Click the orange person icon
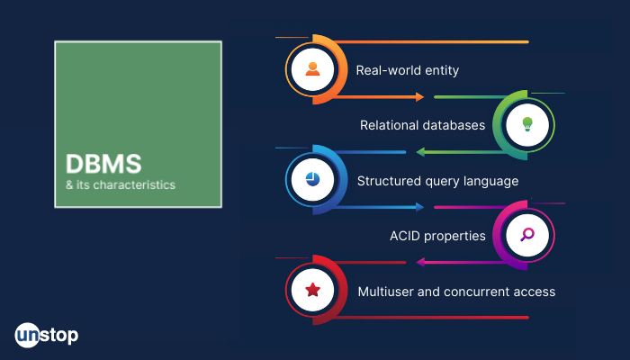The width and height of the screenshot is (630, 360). [x=312, y=69]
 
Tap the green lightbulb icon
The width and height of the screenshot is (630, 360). [x=527, y=124]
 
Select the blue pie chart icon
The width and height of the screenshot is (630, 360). [x=312, y=179]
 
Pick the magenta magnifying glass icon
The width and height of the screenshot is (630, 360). [x=527, y=234]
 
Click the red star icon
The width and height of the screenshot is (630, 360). [x=312, y=289]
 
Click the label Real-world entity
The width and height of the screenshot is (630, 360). [x=408, y=70]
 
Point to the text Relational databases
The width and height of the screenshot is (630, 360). [x=422, y=125]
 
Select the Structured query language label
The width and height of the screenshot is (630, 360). [x=437, y=181]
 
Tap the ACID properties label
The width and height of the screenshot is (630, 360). [x=437, y=236]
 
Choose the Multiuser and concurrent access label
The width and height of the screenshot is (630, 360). [x=456, y=292]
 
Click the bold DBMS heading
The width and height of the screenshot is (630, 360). [x=103, y=164]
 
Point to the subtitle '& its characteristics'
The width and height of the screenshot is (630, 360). [x=121, y=184]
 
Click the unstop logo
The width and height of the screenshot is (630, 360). [x=47, y=335]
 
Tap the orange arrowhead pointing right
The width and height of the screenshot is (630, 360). [x=420, y=97]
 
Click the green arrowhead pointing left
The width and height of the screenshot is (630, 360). [x=420, y=152]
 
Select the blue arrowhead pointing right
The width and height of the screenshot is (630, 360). [x=420, y=207]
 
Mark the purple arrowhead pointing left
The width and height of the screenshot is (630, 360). [x=420, y=263]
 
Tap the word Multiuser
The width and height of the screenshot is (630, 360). [x=386, y=292]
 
